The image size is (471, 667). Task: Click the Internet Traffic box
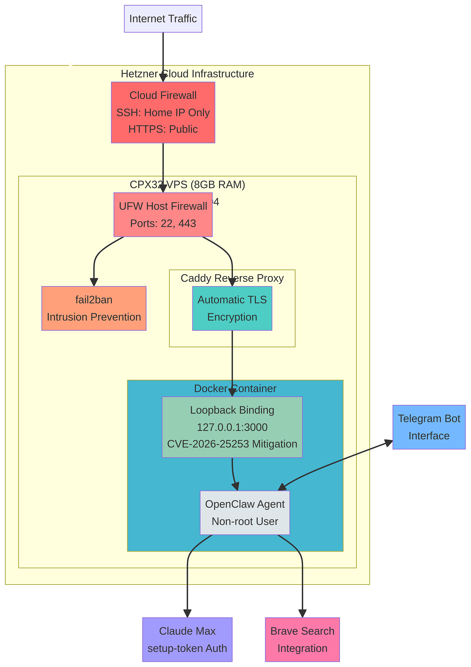click(x=163, y=19)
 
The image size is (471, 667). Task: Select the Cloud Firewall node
click(x=163, y=95)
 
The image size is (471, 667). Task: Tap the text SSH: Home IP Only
click(x=163, y=113)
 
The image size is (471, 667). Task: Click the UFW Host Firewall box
click(x=163, y=206)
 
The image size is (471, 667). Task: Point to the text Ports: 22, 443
click(x=163, y=223)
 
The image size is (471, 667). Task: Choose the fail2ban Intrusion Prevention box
click(x=94, y=308)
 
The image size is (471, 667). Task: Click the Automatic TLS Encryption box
click(x=232, y=308)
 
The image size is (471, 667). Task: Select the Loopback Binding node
click(x=232, y=410)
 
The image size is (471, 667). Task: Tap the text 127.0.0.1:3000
click(x=232, y=427)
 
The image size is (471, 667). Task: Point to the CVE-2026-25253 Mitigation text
click(x=232, y=444)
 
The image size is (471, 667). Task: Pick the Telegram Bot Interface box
click(x=429, y=427)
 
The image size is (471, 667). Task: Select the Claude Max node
click(x=187, y=631)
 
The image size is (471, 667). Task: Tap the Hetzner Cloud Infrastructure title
click(x=187, y=74)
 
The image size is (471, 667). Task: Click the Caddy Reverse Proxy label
click(x=232, y=278)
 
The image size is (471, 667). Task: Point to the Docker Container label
click(x=235, y=388)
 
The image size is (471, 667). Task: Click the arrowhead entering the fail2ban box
click(x=94, y=283)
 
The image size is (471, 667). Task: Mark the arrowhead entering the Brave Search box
click(x=302, y=614)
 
